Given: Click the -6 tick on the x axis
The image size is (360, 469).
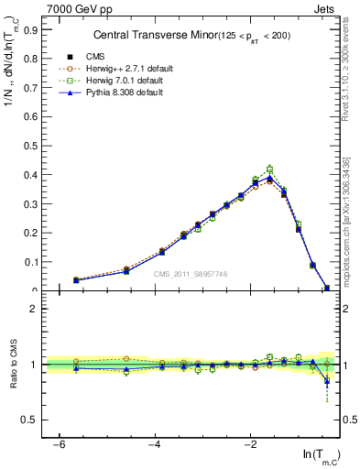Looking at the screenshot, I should [59, 444].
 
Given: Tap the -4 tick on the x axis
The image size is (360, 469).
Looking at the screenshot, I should [155, 444].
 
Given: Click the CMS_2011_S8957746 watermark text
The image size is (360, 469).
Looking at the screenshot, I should [190, 275].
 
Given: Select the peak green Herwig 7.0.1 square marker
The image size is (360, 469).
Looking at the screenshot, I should [269, 169].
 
